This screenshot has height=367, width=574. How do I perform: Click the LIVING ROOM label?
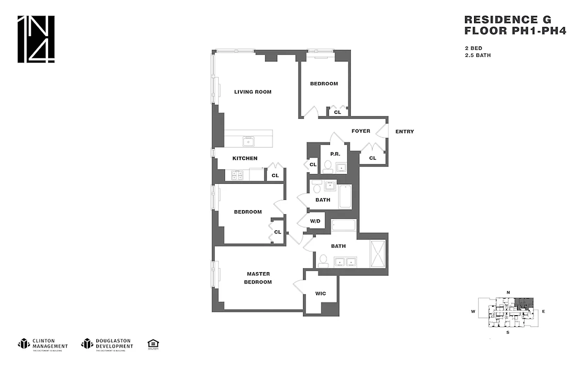[x=253, y=92]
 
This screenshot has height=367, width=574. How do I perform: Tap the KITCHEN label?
[x=245, y=158]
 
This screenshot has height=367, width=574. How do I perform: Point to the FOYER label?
[x=361, y=131]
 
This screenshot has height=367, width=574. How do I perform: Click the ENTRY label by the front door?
[x=404, y=132]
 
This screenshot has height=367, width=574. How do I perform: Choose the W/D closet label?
[x=315, y=221]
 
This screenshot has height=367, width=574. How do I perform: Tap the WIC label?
[x=320, y=294]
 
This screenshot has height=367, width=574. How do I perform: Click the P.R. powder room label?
[x=335, y=154]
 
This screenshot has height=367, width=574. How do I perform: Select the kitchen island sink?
[x=249, y=141]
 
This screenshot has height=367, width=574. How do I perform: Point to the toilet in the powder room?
[x=327, y=167]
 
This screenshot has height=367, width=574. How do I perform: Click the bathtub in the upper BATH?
[x=345, y=197]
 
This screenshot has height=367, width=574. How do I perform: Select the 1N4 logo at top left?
[x=36, y=39]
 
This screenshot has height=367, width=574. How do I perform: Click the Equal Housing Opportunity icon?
[x=153, y=344]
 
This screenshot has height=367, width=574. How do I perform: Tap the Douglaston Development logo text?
[x=114, y=344]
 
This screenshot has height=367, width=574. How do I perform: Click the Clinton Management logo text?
[x=50, y=344]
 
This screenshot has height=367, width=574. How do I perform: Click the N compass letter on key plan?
[x=508, y=292]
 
